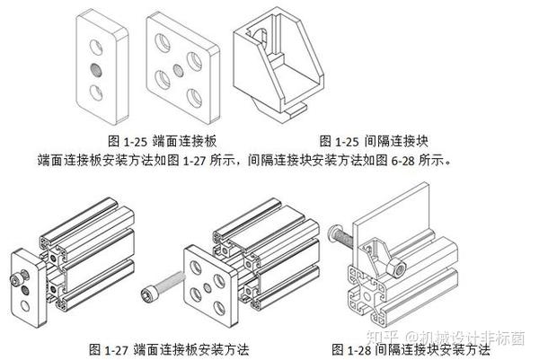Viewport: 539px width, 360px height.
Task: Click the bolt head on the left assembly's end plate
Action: coord(17,282)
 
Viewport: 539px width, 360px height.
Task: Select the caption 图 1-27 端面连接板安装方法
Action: coord(168,347)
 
